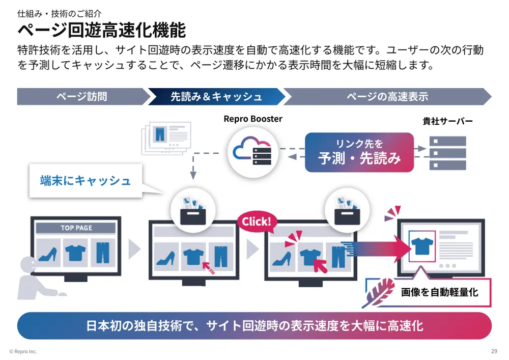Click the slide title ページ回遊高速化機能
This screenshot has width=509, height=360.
click(x=101, y=30)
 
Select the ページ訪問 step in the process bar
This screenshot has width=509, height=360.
click(x=81, y=96)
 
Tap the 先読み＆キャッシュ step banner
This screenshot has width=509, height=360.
click(x=216, y=96)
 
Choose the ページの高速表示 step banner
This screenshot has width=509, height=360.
click(x=387, y=96)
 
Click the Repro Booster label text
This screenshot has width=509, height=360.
click(x=253, y=119)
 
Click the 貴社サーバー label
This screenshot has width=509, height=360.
click(x=447, y=121)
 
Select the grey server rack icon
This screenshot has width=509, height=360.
click(x=447, y=153)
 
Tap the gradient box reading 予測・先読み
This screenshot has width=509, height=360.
click(x=359, y=152)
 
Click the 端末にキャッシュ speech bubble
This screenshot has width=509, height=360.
click(x=85, y=180)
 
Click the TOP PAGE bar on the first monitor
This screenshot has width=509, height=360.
click(x=76, y=228)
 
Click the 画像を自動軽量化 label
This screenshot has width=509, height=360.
click(x=439, y=292)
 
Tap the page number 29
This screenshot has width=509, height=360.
click(x=494, y=351)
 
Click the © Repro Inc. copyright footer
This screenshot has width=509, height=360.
click(x=23, y=351)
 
